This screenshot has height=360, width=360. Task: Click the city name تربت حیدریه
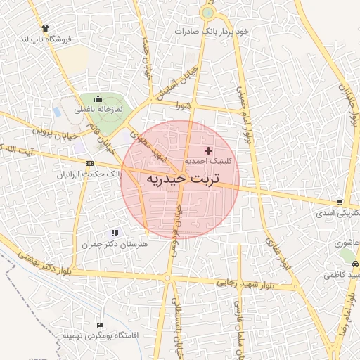[x=183, y=179]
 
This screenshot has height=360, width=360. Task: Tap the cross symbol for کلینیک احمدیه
[x=208, y=150]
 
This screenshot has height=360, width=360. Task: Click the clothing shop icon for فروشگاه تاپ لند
[x=46, y=27]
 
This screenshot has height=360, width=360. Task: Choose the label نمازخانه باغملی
[x=99, y=110]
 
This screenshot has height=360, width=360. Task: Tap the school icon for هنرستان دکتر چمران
[x=115, y=233]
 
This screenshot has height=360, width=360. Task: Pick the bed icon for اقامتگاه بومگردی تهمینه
[x=100, y=326]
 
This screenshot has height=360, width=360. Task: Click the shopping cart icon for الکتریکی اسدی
[x=340, y=202]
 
